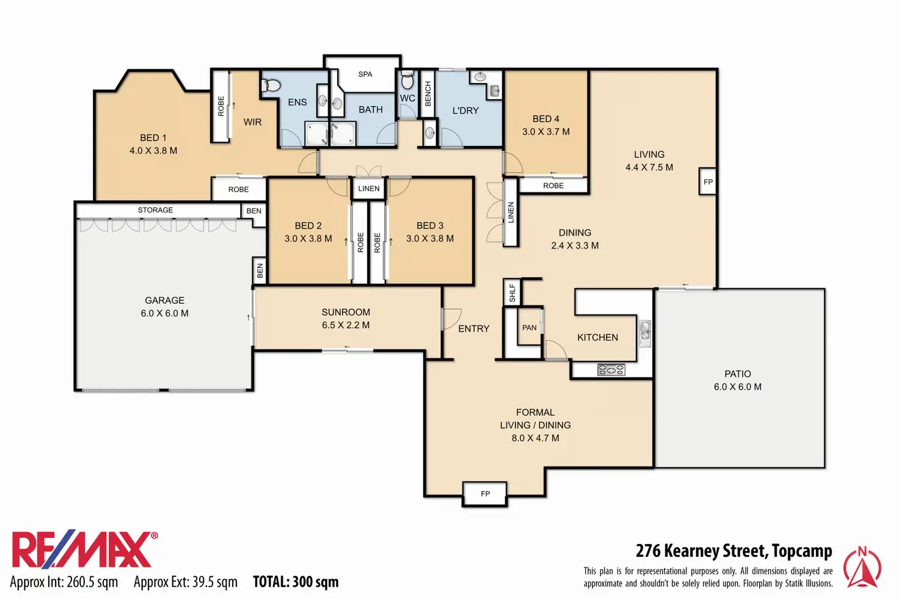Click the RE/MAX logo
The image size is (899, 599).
[x=85, y=550]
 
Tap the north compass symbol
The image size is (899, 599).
[x=862, y=567]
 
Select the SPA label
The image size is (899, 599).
[x=365, y=74]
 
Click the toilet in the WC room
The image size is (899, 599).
[x=407, y=80]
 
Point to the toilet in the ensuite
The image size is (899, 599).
[x=271, y=85]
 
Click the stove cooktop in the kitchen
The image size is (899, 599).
[x=611, y=369]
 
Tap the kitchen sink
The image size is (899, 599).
[x=645, y=333]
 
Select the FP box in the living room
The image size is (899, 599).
[x=708, y=182]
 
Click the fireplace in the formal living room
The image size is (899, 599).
[x=485, y=494]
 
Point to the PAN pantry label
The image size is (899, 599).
[x=530, y=328]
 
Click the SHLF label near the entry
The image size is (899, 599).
[x=512, y=292]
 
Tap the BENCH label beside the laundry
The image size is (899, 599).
[x=428, y=94]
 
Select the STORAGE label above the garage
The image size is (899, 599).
[x=155, y=210]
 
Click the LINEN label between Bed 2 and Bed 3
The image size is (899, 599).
[x=369, y=189]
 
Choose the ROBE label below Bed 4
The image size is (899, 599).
[x=553, y=186]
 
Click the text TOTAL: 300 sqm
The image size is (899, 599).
[x=296, y=582]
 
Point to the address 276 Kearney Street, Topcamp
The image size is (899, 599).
[x=734, y=551]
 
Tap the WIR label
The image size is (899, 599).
[x=252, y=122]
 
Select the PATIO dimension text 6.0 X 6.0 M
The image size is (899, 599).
[x=738, y=387]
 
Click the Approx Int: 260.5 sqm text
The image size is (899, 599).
[x=64, y=582]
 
